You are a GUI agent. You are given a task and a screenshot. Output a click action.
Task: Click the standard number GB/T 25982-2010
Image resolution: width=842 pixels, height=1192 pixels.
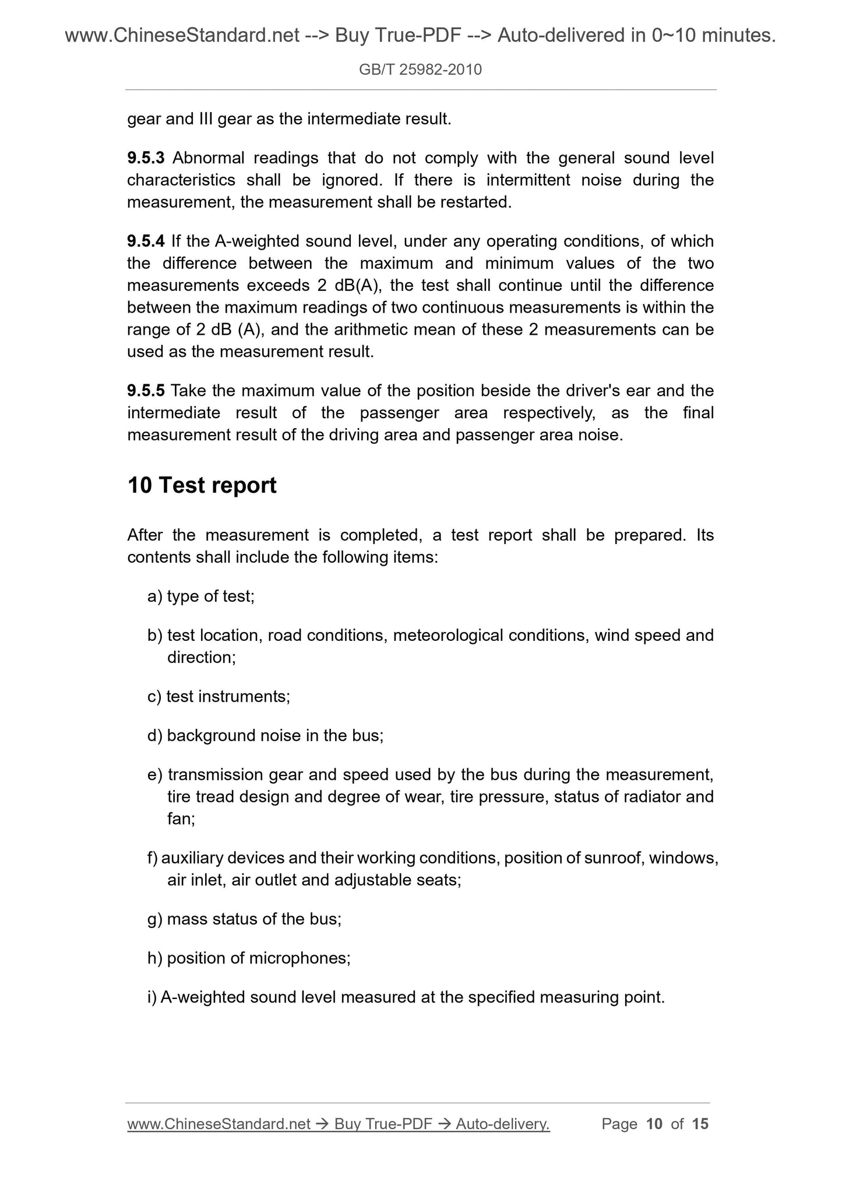tap(420, 70)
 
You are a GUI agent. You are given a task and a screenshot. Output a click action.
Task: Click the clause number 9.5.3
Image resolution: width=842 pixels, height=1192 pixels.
tap(146, 158)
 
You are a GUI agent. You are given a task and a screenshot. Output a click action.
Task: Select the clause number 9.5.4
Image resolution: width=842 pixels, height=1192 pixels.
tap(146, 241)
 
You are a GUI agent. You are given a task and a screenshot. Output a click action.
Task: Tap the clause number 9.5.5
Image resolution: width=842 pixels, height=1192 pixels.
tap(146, 391)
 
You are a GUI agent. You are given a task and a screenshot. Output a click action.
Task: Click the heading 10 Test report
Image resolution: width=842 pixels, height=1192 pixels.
tap(202, 486)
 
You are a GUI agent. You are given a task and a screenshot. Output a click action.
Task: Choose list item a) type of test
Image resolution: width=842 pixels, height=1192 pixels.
tap(201, 597)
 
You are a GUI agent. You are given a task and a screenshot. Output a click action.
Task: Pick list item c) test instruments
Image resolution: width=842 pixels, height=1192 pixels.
tap(219, 697)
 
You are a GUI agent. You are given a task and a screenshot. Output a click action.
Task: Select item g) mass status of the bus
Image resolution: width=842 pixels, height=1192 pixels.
tap(244, 920)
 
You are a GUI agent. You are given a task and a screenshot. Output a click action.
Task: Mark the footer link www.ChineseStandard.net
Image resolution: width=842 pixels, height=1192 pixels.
tap(219, 1124)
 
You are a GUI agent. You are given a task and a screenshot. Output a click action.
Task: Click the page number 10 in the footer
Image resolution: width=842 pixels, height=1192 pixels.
tap(654, 1124)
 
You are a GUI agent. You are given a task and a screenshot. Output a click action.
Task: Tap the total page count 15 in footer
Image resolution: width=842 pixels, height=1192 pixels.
tap(700, 1124)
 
